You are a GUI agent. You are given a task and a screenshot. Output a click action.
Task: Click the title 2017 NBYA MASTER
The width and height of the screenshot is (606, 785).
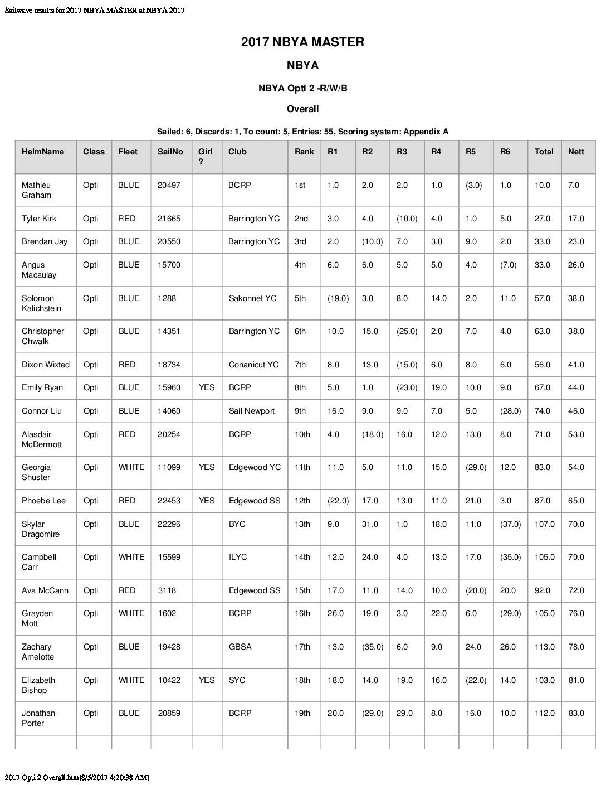[302, 42]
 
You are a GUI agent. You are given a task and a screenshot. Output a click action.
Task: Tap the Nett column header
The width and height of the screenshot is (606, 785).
[576, 152]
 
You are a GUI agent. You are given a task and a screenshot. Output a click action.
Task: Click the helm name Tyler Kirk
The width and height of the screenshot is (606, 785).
[39, 219]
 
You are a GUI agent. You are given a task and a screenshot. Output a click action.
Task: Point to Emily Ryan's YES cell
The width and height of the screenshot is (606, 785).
[206, 387]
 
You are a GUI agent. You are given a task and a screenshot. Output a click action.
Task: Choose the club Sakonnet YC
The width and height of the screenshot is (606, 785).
[252, 298]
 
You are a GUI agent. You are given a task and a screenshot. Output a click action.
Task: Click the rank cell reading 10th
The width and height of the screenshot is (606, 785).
[302, 434]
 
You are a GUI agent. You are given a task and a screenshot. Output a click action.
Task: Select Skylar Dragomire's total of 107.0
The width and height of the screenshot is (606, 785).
[544, 524]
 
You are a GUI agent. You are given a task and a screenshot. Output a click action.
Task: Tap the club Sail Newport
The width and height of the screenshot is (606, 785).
[251, 411]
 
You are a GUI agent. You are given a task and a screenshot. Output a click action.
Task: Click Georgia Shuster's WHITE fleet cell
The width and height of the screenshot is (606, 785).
[131, 467]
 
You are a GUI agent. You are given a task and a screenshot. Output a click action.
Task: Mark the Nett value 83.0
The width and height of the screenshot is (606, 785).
[576, 713]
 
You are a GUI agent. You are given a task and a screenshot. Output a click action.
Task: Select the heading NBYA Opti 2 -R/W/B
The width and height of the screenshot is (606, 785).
[302, 88]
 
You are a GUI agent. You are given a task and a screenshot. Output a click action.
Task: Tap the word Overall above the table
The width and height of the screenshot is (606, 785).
[302, 109]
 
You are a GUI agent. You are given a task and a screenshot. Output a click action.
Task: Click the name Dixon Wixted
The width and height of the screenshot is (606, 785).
[46, 365]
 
